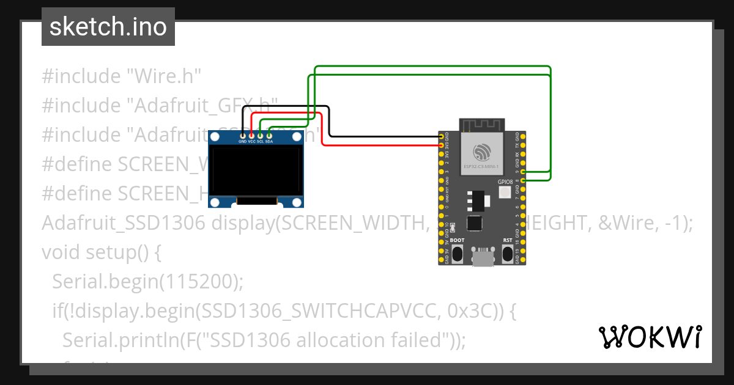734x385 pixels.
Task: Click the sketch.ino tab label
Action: pyautogui.click(x=108, y=27)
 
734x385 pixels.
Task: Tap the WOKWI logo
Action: pyautogui.click(x=650, y=337)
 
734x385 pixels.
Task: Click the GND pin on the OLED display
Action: pyautogui.click(x=243, y=135)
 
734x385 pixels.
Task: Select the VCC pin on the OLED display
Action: pyautogui.click(x=251, y=135)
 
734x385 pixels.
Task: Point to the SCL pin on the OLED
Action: pyautogui.click(x=260, y=135)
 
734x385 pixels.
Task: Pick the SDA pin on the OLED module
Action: pyautogui.click(x=269, y=135)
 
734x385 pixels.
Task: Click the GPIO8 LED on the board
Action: pyautogui.click(x=505, y=193)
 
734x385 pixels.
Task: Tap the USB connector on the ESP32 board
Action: pyautogui.click(x=483, y=258)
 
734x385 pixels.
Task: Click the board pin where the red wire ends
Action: pyautogui.click(x=442, y=145)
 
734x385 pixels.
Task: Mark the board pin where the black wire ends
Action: pyautogui.click(x=442, y=137)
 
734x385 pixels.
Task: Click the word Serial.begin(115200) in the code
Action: pyautogui.click(x=147, y=281)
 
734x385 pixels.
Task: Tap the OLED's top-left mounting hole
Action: pyautogui.click(x=216, y=137)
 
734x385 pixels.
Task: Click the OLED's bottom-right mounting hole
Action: pyautogui.click(x=297, y=201)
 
